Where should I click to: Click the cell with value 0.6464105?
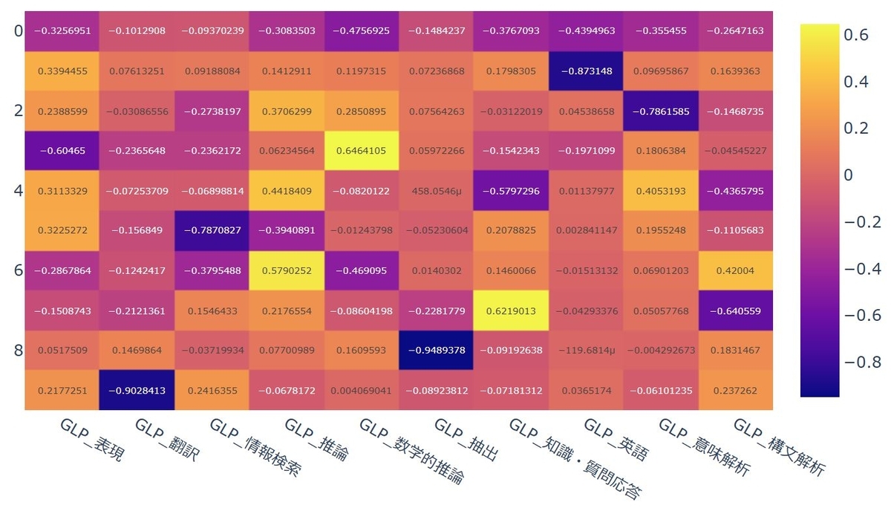362,151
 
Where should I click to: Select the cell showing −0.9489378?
437,350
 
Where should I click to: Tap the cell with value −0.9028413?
137,390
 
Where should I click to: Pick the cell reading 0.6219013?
511,310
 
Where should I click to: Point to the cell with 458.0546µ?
437,191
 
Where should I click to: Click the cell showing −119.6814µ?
586,350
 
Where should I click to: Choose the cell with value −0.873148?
586,71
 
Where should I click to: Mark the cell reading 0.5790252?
287,270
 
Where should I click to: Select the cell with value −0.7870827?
212,230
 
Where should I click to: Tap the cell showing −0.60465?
62,151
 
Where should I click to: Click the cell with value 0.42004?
736,270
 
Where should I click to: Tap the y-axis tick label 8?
18,350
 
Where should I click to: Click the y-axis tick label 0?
18,31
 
